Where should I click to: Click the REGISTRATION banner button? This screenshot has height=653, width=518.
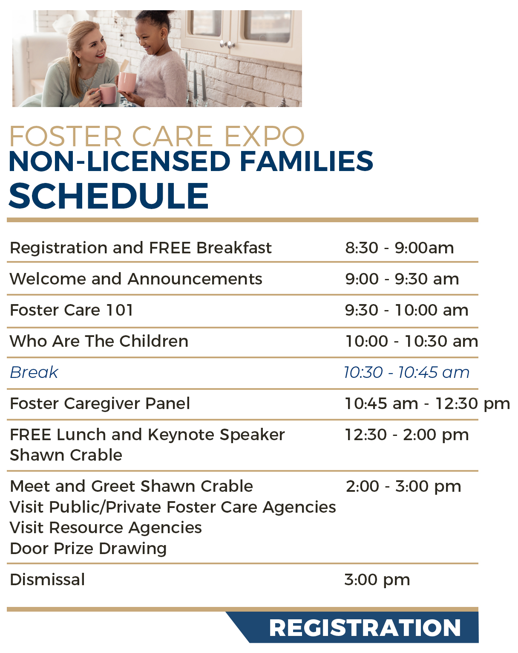coord(365,627)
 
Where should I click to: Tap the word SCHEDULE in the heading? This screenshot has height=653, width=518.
coord(109,196)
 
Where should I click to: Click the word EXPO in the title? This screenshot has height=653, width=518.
coord(264,136)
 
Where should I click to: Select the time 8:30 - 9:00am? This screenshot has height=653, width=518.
coord(399,248)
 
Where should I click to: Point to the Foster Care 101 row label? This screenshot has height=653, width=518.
coord(72,310)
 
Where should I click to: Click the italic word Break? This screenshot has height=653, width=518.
coord(34,372)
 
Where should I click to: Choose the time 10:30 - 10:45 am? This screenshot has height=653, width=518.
coord(406,372)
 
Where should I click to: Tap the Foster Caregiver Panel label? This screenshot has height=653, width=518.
coord(100,403)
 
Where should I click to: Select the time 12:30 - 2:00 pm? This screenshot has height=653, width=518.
coord(406,435)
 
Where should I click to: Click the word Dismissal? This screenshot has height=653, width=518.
coord(47,580)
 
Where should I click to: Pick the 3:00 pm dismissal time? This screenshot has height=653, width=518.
coord(377,580)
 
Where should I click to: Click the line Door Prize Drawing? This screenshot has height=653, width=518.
coord(88,549)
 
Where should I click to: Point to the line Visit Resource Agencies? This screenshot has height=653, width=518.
coord(106,528)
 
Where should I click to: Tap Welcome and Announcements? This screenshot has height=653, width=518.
coord(136,279)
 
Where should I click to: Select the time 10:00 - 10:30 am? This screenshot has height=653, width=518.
coord(412,341)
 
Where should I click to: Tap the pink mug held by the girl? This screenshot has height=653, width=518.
coord(127,81)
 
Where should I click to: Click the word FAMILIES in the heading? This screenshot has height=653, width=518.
coord(306,161)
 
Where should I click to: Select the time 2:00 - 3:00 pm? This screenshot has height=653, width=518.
coord(403,486)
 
